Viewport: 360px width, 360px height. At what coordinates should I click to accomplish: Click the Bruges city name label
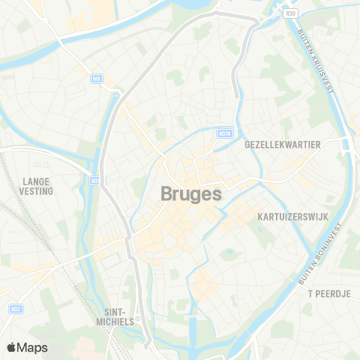click(x=191, y=193)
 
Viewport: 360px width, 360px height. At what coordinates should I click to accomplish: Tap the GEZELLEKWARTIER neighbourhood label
click(x=283, y=144)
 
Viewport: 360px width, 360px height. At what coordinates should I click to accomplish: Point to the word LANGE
click(x=36, y=181)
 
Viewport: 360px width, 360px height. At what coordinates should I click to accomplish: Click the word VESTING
click(x=37, y=191)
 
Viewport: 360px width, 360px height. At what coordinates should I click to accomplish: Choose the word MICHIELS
click(x=118, y=321)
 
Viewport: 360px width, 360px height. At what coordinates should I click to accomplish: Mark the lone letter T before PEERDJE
click(x=310, y=292)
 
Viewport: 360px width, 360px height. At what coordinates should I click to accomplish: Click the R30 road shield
click(x=290, y=13)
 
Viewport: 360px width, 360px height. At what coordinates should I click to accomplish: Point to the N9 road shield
click(x=96, y=77)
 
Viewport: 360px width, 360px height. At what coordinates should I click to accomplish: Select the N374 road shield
click(x=223, y=133)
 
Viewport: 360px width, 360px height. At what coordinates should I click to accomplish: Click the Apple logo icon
click(x=12, y=347)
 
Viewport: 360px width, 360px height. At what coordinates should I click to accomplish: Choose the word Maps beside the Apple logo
click(x=34, y=347)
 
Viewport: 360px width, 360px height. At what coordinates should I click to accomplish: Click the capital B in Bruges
click(x=167, y=193)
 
